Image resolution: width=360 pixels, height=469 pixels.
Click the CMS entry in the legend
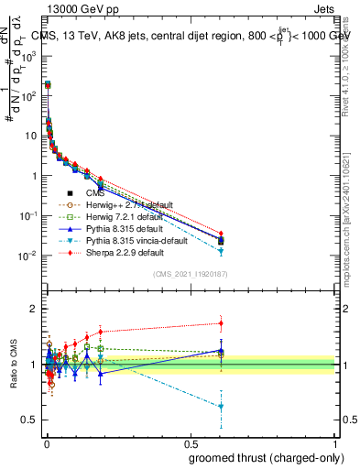coord(94,193)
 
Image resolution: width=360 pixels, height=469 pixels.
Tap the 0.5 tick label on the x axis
coord(191,442)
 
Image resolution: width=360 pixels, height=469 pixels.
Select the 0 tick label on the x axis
coord(47,442)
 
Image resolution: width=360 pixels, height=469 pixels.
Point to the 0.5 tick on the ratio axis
coord(30,420)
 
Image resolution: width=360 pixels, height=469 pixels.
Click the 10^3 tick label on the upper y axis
coord(27,55)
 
